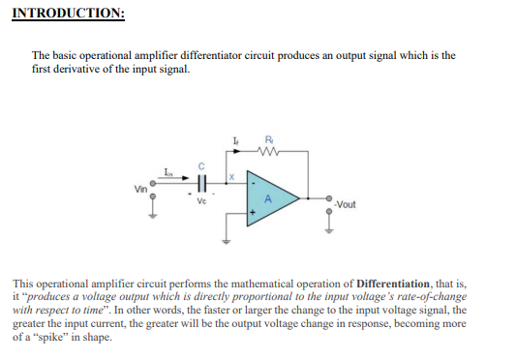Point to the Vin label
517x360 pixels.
[141, 187]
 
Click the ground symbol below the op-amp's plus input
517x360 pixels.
[228, 242]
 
